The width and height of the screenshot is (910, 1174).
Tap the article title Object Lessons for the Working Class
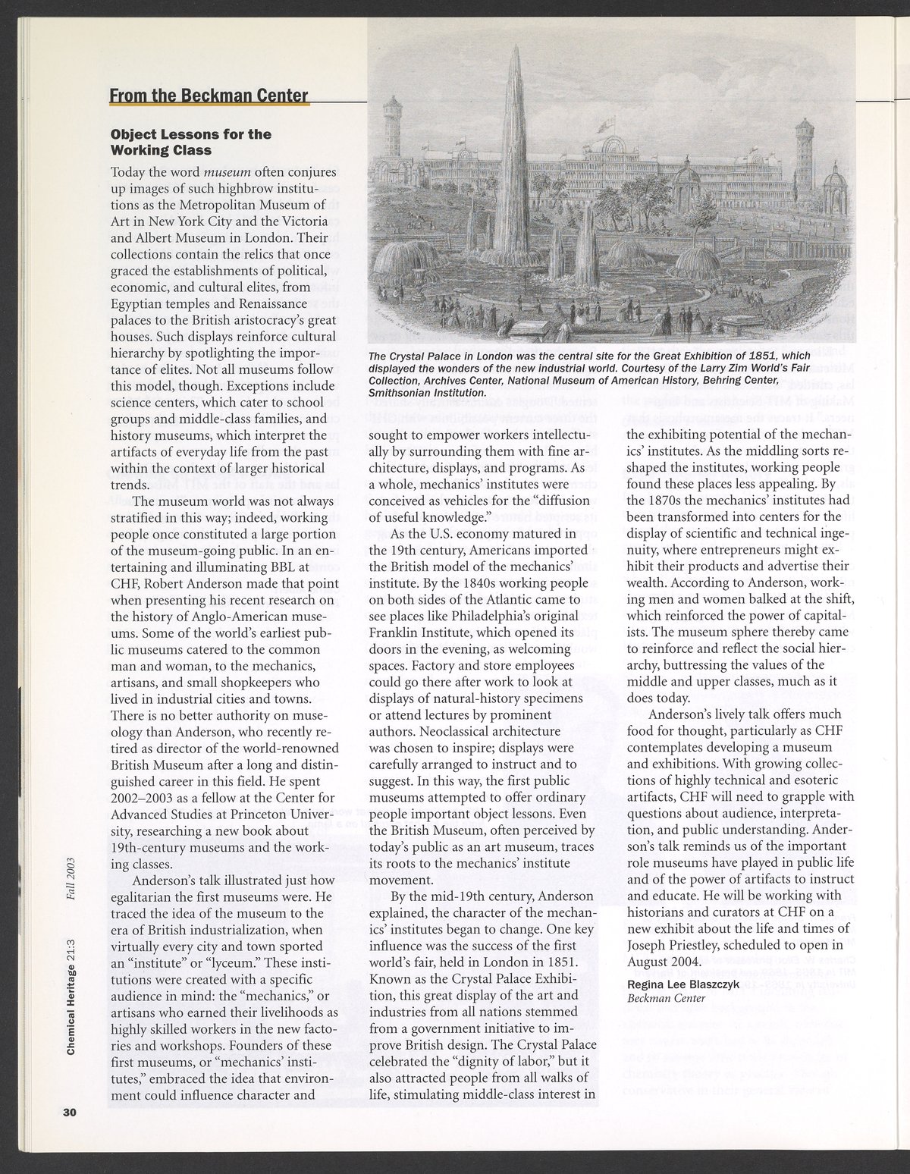(x=190, y=142)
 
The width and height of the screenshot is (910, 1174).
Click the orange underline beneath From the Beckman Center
(x=209, y=105)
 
